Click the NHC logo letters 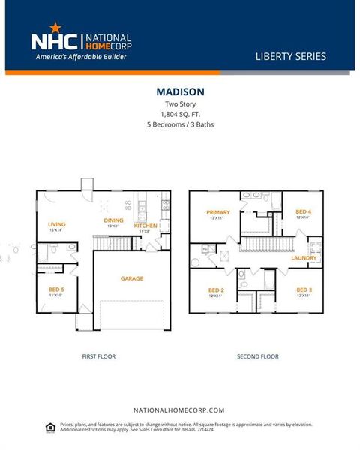[x=52, y=40]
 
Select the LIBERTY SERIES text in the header [x=291, y=56]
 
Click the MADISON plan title [x=180, y=91]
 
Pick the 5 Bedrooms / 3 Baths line [x=180, y=124]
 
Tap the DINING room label [x=114, y=220]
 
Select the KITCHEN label [x=145, y=225]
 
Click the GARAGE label [x=132, y=278]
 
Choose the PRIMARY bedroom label [x=217, y=212]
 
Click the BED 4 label [x=303, y=212]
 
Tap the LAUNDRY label [x=304, y=258]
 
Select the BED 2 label [x=216, y=289]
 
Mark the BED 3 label [x=303, y=289]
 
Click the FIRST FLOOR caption [x=98, y=356]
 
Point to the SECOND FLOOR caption [x=258, y=356]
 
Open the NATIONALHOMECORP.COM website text [x=179, y=410]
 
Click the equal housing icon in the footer [x=50, y=427]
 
